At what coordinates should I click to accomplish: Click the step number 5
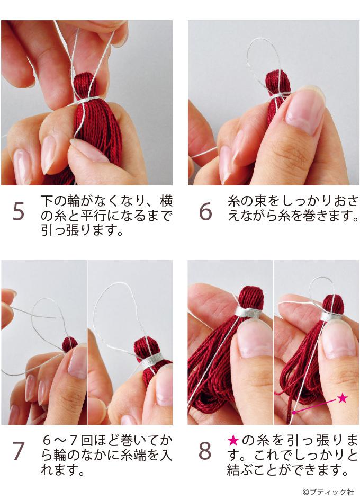[x=19, y=212]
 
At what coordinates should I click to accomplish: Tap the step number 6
[x=205, y=212]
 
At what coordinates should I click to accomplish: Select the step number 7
[x=19, y=451]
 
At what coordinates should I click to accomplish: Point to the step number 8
[x=205, y=451]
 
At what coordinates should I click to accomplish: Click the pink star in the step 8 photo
[x=342, y=397]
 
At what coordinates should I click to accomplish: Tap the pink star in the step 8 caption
[x=233, y=441]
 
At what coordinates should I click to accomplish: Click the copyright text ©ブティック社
[x=329, y=492]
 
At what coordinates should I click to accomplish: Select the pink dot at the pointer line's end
[x=294, y=413]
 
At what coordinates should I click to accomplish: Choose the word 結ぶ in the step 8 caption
[x=240, y=470]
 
